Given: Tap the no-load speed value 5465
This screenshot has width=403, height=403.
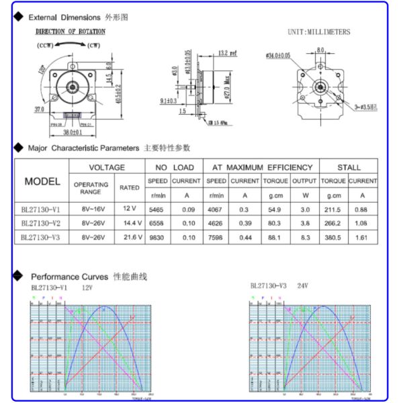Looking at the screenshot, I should (x=157, y=209).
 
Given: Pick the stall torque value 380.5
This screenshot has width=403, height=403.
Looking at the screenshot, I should (x=333, y=237).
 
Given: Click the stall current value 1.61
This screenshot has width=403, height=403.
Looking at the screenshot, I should (x=363, y=237).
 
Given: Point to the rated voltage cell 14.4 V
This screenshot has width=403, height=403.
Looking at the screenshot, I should (x=130, y=222).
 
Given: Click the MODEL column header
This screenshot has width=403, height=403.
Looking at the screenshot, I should (x=42, y=181).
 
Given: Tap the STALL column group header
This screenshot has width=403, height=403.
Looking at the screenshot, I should (x=349, y=167).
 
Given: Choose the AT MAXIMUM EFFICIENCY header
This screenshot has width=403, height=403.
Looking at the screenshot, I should (x=262, y=167).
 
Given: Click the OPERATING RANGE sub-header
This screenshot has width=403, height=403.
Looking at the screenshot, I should (x=91, y=187).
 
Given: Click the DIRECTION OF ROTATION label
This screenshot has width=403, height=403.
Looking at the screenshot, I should (x=70, y=32).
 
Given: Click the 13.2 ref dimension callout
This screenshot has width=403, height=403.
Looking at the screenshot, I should (x=228, y=53).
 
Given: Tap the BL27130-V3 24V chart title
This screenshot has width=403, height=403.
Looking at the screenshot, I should (x=278, y=285).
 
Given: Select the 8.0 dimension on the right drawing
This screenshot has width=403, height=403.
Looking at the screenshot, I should (x=320, y=50).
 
